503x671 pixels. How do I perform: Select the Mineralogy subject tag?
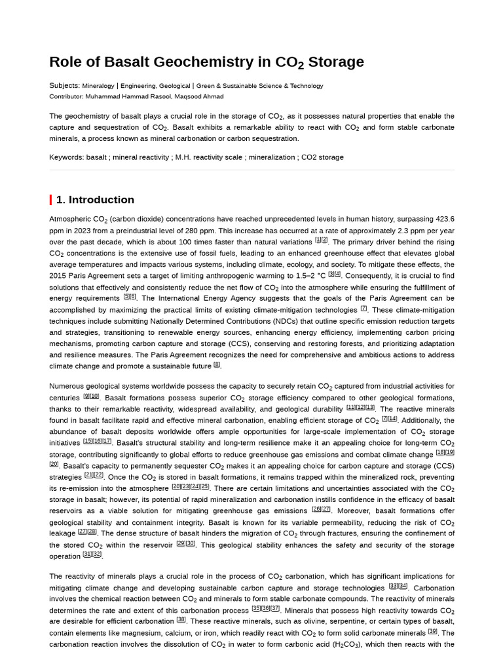98,86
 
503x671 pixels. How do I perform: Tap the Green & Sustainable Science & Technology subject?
259,86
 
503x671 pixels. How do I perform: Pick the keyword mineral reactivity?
140,157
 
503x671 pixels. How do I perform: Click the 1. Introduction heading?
95,200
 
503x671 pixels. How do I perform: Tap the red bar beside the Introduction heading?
50,200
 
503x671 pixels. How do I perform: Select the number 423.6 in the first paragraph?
444,219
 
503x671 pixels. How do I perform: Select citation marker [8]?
217,365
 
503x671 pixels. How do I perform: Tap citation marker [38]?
181,619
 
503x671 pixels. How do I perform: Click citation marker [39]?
432,631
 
